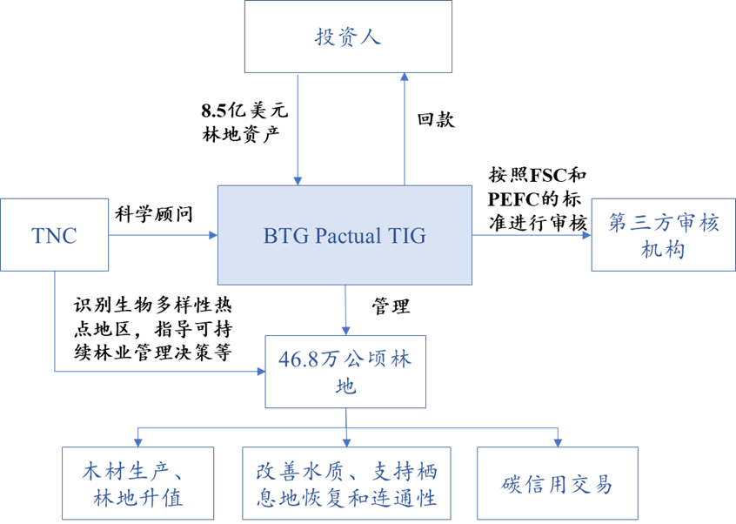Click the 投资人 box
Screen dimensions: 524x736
tap(348, 37)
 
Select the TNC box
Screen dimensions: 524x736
tap(54, 235)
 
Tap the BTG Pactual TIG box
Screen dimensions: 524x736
tap(345, 235)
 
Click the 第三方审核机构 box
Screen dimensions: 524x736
tap(663, 235)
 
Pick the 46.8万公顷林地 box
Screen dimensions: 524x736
tap(346, 372)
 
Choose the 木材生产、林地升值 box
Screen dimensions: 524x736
tap(137, 484)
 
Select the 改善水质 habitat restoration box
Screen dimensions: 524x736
tap(346, 484)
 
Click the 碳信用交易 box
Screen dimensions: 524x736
tap(557, 484)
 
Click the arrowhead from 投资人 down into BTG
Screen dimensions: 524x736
tap(298, 179)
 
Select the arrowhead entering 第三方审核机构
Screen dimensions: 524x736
tap(585, 235)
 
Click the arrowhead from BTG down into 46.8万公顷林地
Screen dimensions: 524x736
tap(346, 330)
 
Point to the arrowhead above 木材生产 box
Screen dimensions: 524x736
tap(137, 441)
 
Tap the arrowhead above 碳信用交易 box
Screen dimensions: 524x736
tap(557, 441)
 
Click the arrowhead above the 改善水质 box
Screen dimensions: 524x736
tap(346, 441)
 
